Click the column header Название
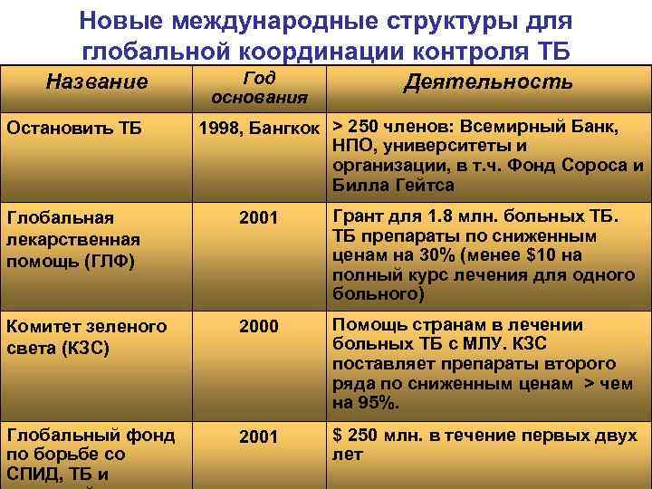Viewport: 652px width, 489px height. (97, 82)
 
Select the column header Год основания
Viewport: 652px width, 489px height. (259, 86)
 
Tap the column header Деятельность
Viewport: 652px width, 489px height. (488, 81)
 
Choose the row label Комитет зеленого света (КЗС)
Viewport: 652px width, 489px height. (86, 337)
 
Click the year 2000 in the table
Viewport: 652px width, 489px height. (259, 327)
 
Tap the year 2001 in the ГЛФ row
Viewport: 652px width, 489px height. (259, 218)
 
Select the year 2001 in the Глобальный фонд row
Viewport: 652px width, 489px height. (259, 437)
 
